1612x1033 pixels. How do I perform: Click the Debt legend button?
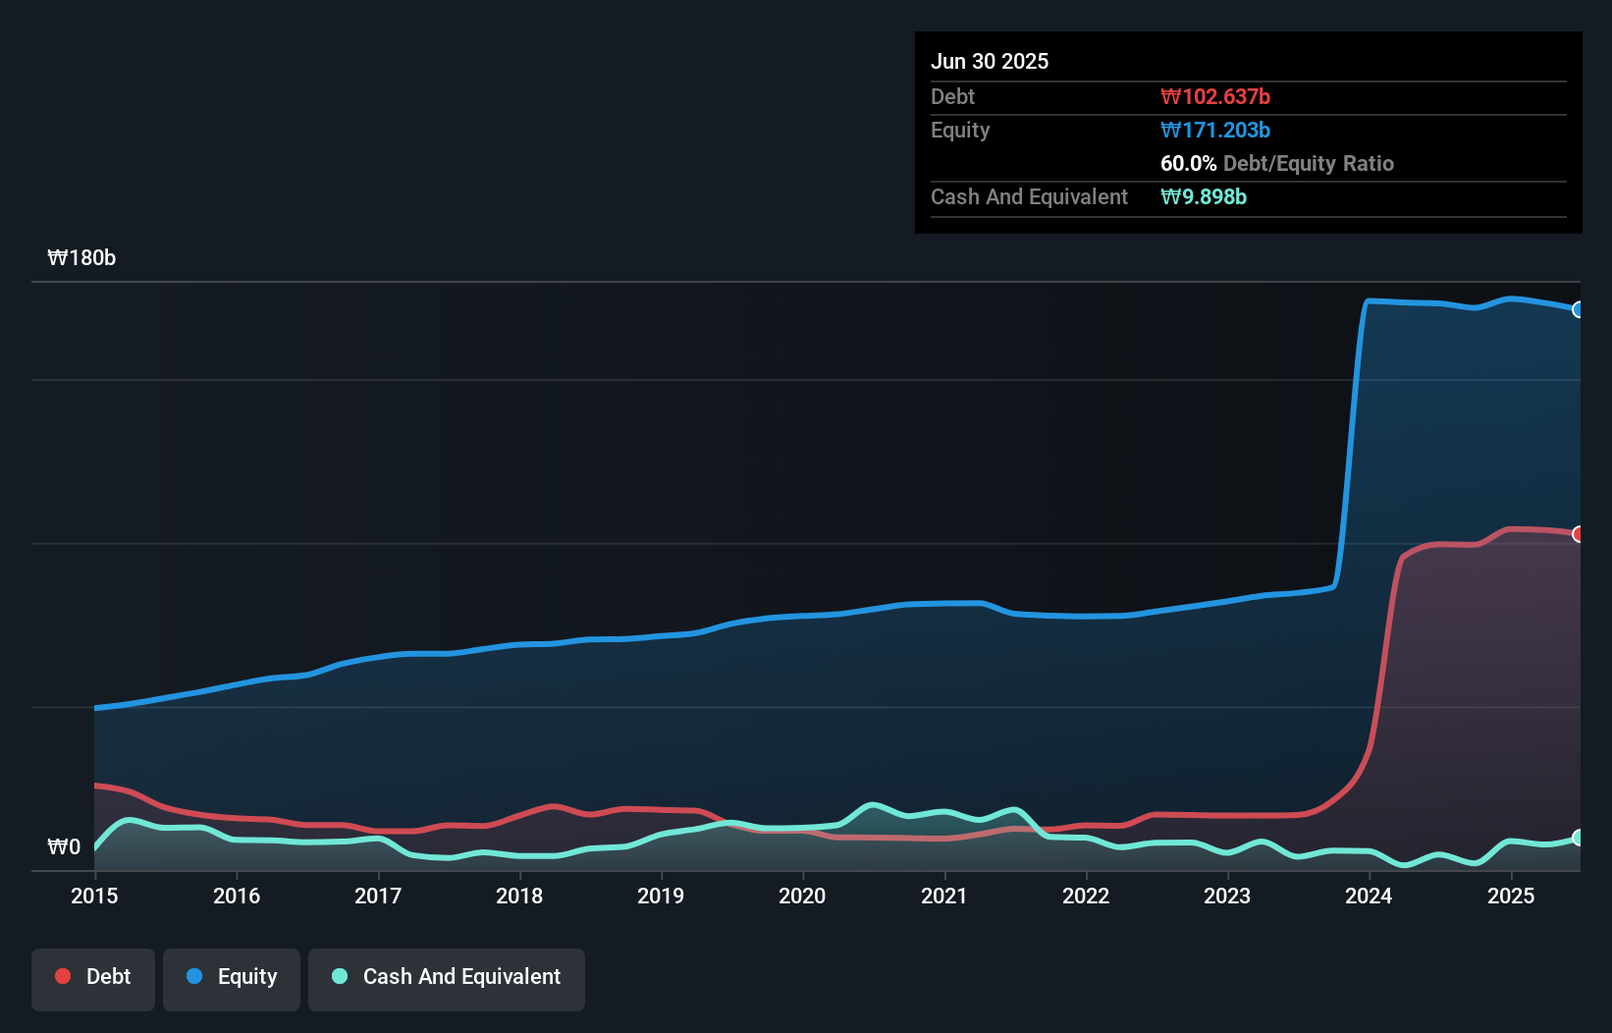click(x=93, y=977)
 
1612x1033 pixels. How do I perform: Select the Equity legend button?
click(x=232, y=977)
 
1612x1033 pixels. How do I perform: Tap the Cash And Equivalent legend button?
click(x=447, y=977)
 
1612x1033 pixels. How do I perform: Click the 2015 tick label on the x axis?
click(x=94, y=896)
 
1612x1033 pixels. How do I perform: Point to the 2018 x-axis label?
click(x=519, y=896)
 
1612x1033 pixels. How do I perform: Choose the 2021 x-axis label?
click(x=944, y=896)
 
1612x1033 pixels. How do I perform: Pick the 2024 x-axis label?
click(x=1369, y=896)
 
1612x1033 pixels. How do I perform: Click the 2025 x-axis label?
click(x=1511, y=896)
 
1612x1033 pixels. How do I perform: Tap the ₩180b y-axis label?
click(x=81, y=258)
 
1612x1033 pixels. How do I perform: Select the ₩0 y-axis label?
click(x=64, y=846)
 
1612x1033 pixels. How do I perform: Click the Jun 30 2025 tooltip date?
click(x=990, y=61)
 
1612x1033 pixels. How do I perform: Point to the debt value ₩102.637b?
click(x=1215, y=96)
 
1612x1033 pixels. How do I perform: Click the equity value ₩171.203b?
click(x=1215, y=130)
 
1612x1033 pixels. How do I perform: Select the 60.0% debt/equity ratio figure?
click(x=1188, y=163)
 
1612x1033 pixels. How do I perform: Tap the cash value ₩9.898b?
click(x=1204, y=196)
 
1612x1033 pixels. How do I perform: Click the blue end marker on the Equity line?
click(x=1579, y=309)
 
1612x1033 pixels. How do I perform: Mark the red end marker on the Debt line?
click(x=1579, y=534)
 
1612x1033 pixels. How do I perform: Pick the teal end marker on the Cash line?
click(x=1579, y=838)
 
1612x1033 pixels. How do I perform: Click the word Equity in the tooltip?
click(x=960, y=130)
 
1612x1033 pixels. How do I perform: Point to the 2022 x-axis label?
click(x=1086, y=896)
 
